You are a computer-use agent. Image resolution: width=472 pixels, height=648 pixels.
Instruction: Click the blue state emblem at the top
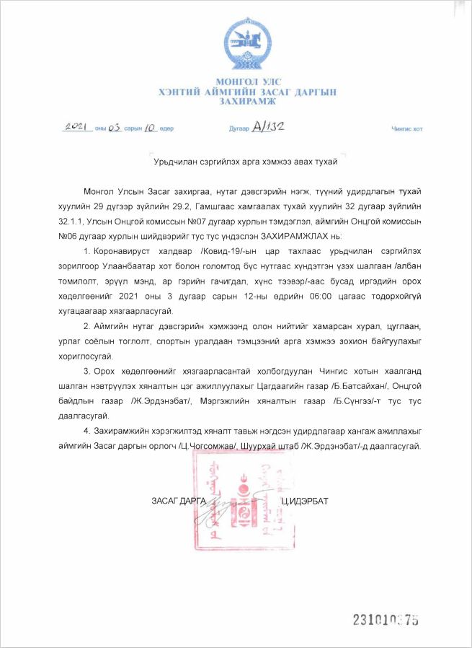pyautogui.click(x=247, y=46)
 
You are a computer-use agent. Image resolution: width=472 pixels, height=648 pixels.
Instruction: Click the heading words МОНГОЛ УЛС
pyautogui.click(x=247, y=83)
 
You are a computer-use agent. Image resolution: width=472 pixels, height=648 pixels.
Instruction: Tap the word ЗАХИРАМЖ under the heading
pyautogui.click(x=247, y=101)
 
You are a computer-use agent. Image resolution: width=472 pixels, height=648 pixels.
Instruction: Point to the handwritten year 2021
pyautogui.click(x=76, y=127)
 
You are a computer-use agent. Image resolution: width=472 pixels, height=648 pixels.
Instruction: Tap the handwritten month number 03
pyautogui.click(x=113, y=128)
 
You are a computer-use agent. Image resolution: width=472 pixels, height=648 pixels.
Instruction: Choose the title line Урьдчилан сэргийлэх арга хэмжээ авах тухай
pyautogui.click(x=246, y=162)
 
